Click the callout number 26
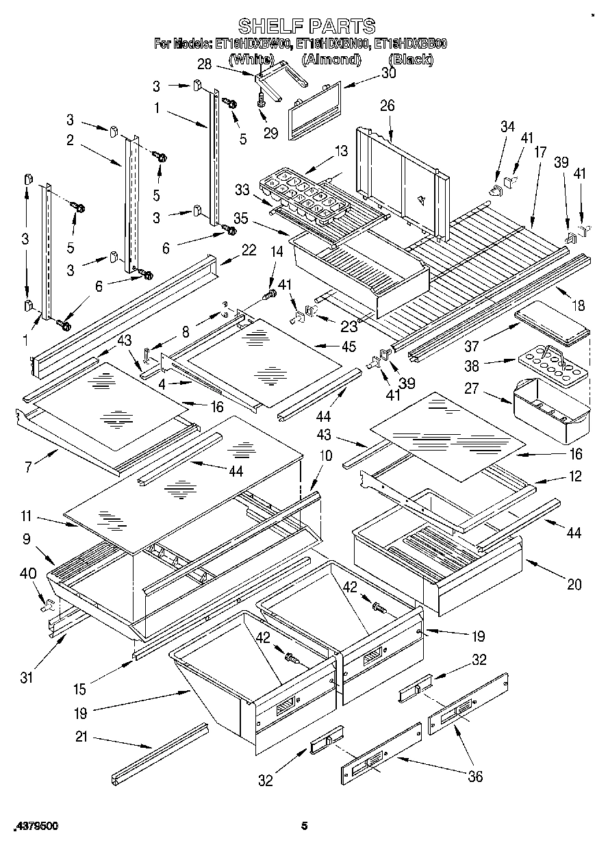(x=387, y=105)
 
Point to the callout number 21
(x=83, y=738)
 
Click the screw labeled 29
(x=262, y=101)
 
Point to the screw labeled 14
(x=270, y=295)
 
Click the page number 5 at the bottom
(x=304, y=826)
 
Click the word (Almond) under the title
(x=331, y=60)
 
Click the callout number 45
(x=349, y=346)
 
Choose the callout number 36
(x=474, y=776)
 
